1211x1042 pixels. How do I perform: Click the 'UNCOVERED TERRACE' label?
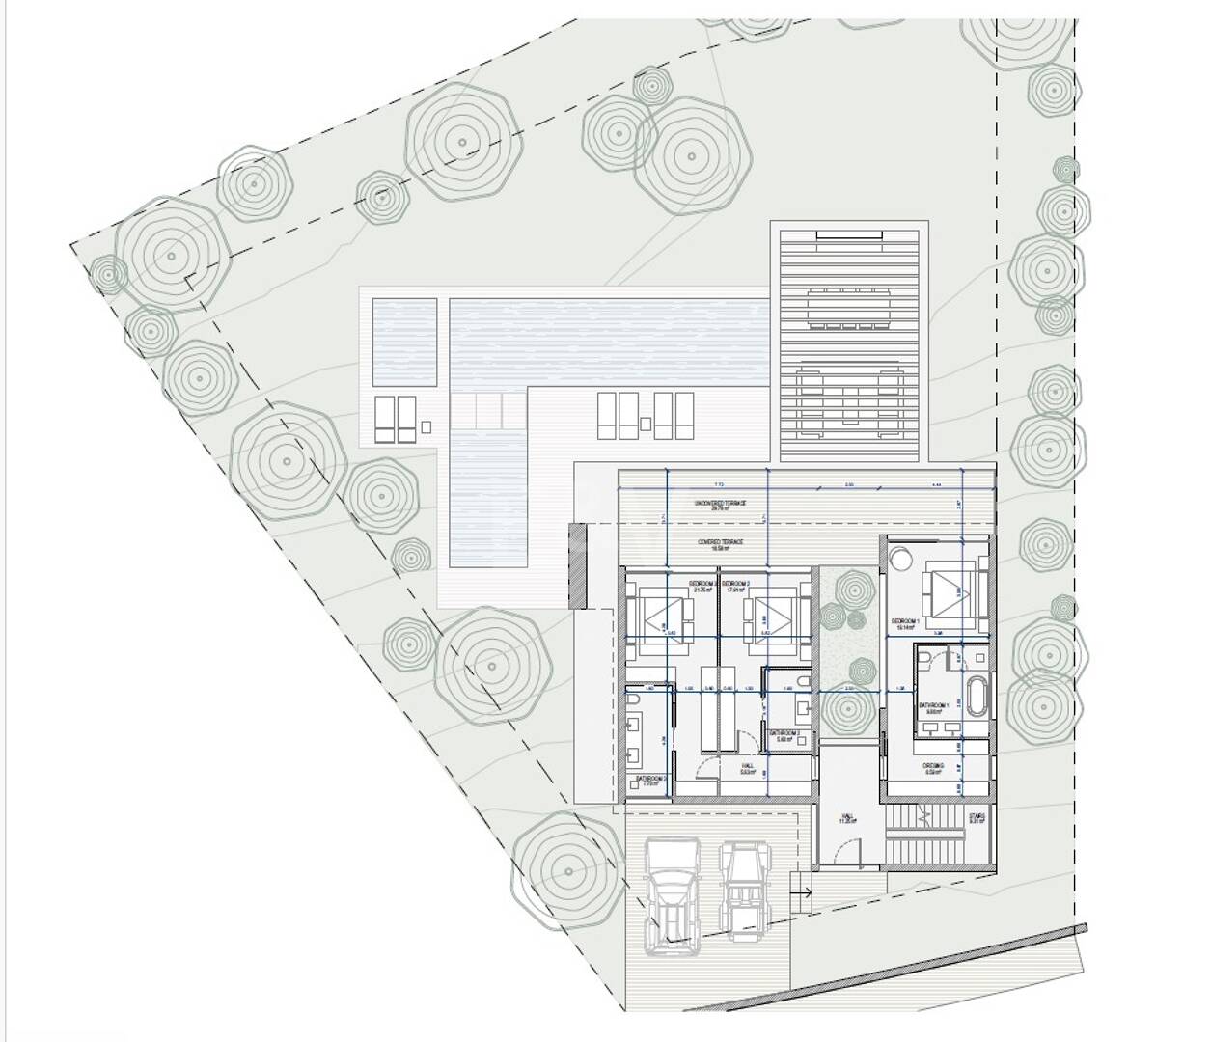pyautogui.click(x=721, y=505)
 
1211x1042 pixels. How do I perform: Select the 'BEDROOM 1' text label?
pyautogui.click(x=904, y=622)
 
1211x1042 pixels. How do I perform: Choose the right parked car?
pyautogui.click(x=744, y=889)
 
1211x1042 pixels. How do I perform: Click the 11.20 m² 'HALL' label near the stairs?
pyautogui.click(x=847, y=819)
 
